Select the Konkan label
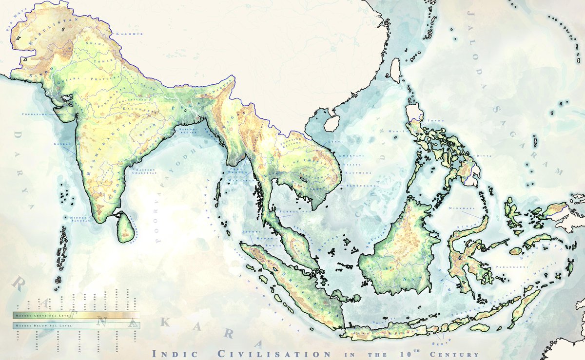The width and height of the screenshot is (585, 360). coord(65,144)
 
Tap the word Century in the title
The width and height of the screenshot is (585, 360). coord(455,354)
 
